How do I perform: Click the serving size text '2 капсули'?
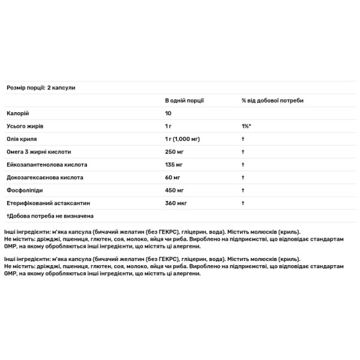(x=61, y=88)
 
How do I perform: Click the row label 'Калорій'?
(x=17, y=113)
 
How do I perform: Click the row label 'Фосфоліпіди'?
(x=23, y=190)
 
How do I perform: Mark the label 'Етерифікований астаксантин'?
(x=45, y=203)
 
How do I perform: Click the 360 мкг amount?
(x=176, y=203)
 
